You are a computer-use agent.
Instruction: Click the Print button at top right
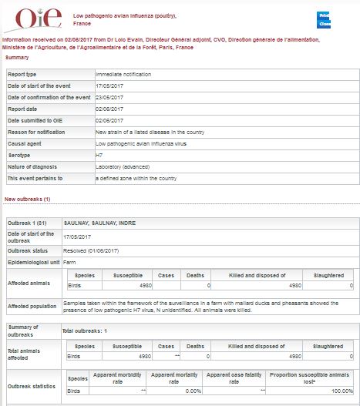coord(325,15)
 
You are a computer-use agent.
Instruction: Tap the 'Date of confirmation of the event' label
coord(49,97)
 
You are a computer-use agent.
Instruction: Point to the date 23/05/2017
coord(109,97)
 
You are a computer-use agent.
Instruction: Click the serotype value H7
coord(99,155)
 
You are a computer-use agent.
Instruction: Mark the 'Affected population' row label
coord(34,306)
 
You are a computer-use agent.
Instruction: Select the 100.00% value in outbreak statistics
coord(338,391)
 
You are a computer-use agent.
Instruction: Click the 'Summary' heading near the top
coord(17,57)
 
